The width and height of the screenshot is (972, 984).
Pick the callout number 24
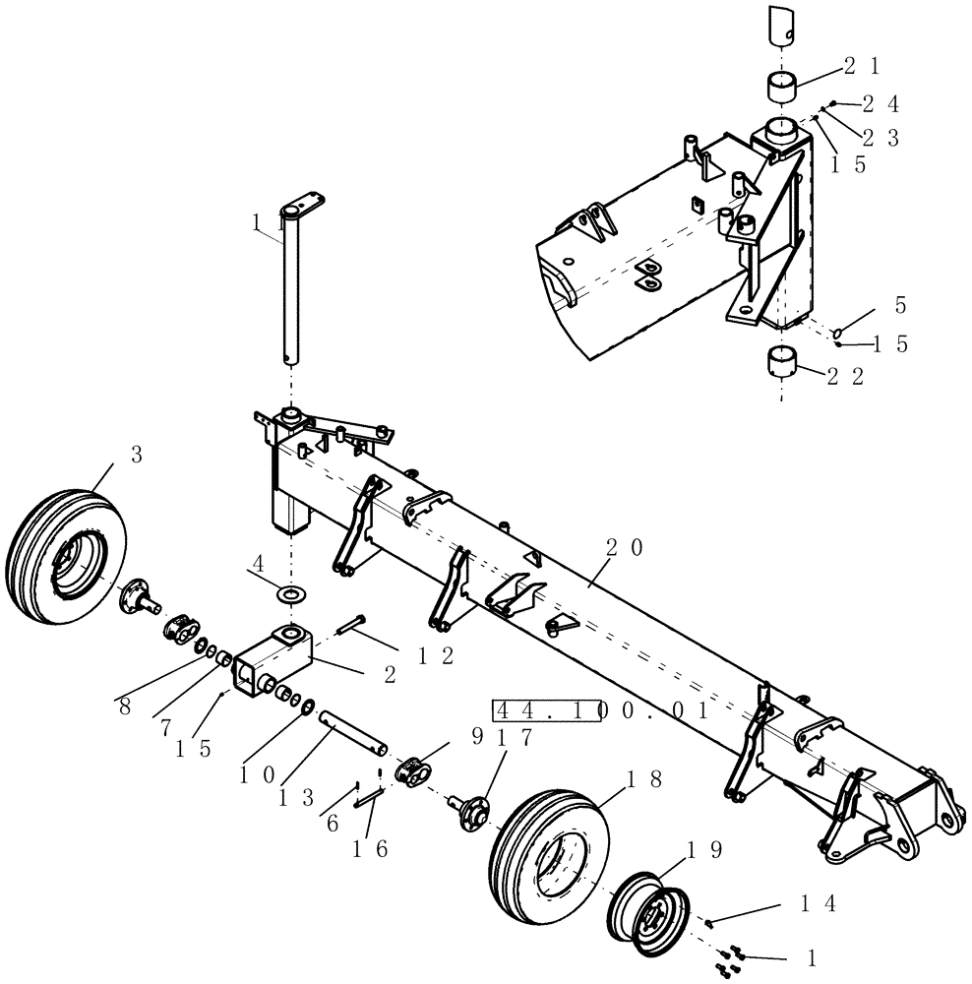point(880,103)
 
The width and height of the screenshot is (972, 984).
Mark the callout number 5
point(900,306)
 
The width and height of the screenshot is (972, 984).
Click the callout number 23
point(879,139)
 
